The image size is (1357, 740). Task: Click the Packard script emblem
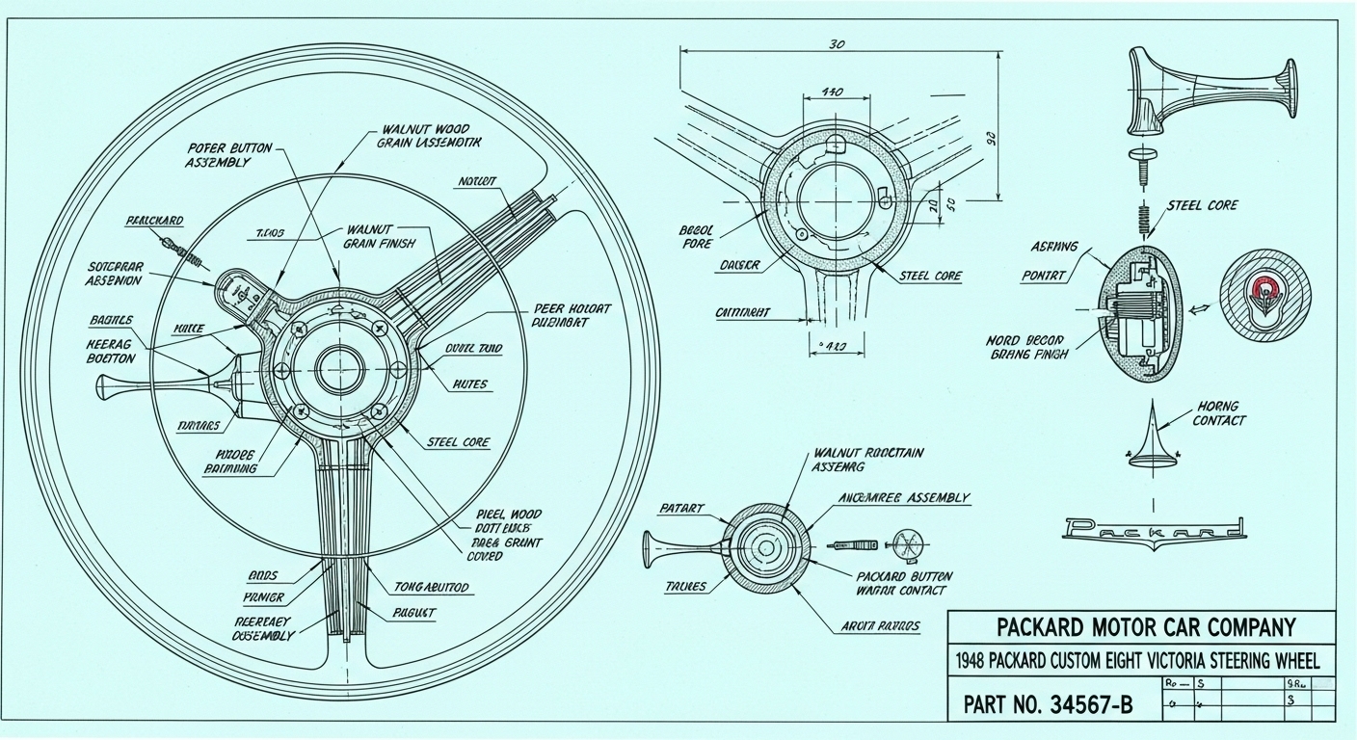click(x=1155, y=528)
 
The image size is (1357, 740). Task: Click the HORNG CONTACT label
click(x=1218, y=413)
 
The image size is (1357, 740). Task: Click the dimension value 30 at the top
click(x=837, y=44)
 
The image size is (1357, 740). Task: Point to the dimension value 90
click(x=989, y=137)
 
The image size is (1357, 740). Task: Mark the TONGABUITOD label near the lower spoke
click(x=432, y=586)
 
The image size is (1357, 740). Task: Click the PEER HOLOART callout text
click(x=572, y=316)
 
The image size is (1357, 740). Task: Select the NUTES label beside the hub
click(x=470, y=384)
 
